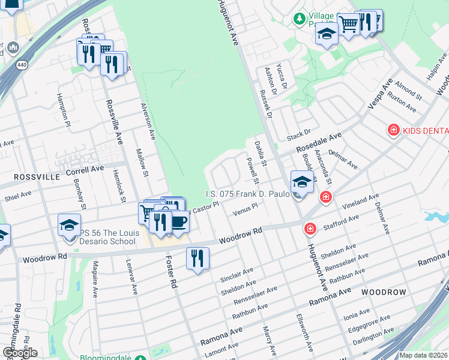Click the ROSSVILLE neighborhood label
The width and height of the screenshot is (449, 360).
pyautogui.click(x=30, y=177)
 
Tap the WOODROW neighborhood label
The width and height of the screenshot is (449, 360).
pyautogui.click(x=384, y=292)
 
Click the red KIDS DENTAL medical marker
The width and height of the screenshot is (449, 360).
pyautogui.click(x=393, y=130)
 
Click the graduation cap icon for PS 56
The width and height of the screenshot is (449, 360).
pyautogui.click(x=70, y=225)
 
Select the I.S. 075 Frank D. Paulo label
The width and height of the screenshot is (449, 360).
pyautogui.click(x=243, y=194)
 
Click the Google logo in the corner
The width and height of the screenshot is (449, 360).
pyautogui.click(x=20, y=353)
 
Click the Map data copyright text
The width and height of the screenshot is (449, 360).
pyautogui.click(x=423, y=355)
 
